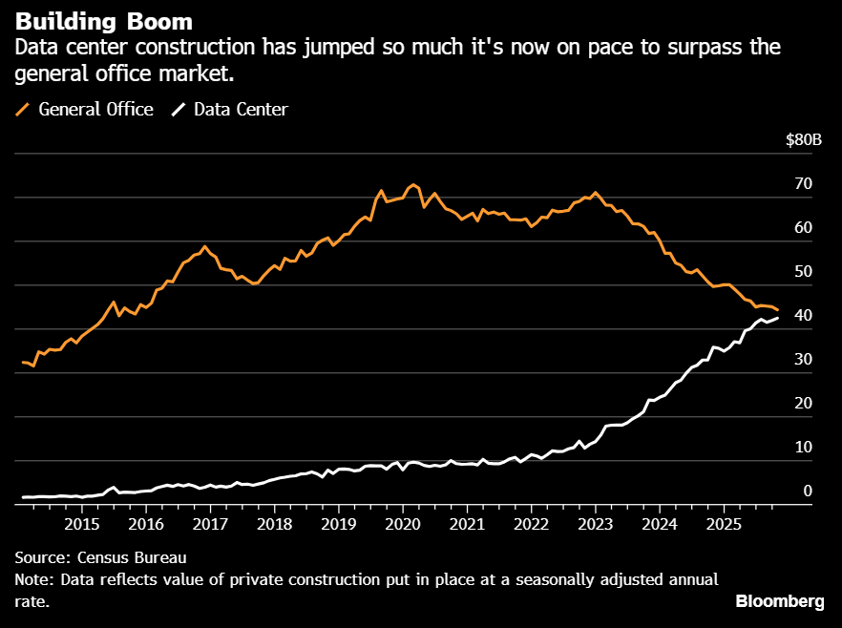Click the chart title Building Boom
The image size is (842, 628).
tap(103, 21)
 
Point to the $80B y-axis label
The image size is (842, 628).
tap(803, 140)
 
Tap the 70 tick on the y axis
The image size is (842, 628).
tap(803, 183)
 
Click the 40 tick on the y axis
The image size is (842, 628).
tap(803, 315)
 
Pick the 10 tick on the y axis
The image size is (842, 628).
tap(803, 447)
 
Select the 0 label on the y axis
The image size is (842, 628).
tap(808, 491)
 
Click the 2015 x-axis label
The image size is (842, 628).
tap(81, 524)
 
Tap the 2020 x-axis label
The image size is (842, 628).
tap(402, 524)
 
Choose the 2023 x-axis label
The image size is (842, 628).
tap(595, 524)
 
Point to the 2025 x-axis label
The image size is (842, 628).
tap(724, 524)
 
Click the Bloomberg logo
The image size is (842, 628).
tap(780, 600)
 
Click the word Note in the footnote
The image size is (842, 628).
tap(34, 580)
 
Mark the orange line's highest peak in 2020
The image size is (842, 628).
tap(412, 184)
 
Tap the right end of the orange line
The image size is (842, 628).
tap(777, 310)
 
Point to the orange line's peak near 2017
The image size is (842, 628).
tap(204, 246)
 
